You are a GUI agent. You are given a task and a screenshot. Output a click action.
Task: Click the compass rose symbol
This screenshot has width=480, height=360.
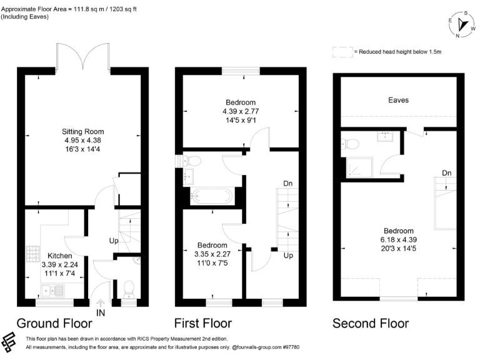[462, 24]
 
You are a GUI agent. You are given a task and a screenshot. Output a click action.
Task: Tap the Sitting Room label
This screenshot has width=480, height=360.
[82, 132]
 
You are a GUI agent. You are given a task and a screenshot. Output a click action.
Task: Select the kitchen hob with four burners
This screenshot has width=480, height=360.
[33, 254]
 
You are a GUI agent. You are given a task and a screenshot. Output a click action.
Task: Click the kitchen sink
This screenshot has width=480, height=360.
[52, 291]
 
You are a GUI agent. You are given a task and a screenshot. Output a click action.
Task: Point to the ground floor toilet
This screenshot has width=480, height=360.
[129, 289]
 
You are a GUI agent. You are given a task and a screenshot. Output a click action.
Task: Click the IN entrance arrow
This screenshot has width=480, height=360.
[101, 303]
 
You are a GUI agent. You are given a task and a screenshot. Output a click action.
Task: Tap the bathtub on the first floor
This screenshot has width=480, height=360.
[211, 196]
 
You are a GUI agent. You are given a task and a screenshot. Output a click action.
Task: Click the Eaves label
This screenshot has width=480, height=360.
[398, 100]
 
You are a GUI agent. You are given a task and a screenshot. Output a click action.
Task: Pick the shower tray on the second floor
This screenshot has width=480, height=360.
[360, 167]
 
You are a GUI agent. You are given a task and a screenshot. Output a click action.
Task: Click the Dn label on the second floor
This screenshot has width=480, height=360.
[447, 173]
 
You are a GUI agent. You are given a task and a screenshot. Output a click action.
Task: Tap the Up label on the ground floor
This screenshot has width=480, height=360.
[114, 241]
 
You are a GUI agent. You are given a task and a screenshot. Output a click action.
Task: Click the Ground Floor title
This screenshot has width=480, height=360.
[54, 323]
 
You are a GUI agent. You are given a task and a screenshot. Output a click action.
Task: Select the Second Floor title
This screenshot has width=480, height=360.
[371, 323]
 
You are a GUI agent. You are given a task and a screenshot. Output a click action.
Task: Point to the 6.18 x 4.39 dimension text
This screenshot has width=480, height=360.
[399, 240]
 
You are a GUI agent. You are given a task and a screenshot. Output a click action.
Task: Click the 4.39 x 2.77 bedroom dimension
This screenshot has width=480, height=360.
[241, 111]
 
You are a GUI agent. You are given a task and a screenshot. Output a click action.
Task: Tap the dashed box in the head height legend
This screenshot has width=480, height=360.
[342, 52]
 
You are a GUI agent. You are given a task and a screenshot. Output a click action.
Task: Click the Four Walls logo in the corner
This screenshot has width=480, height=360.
[9, 342]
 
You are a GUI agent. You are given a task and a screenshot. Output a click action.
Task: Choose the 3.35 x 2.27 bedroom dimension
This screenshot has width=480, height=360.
[212, 254]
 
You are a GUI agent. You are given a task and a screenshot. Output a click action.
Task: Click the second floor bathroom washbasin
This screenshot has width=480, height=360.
[386, 136]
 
